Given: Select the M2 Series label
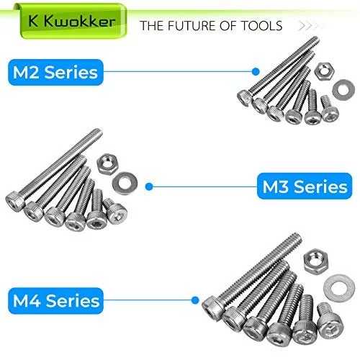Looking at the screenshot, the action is point(55,72).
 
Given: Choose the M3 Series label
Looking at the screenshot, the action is point(305,186).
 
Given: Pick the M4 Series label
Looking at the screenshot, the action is point(55,301).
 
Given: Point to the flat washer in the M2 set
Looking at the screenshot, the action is point(343,90).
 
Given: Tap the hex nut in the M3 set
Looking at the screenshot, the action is point(107,163).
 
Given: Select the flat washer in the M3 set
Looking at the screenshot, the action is point(125,184).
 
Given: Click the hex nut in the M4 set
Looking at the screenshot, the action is point(315,261).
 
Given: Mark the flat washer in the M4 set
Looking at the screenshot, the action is point(339,288).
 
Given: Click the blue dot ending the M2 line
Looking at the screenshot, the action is point(256,71).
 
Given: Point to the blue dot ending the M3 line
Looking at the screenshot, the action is point(149,186).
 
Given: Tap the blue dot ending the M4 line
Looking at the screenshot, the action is point(195,300).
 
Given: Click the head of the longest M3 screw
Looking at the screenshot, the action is point(15,202).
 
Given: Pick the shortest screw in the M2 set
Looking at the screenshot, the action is point(329,109).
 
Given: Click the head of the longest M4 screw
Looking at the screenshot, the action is point(214,307).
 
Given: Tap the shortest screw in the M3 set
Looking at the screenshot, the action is point(115,211).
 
